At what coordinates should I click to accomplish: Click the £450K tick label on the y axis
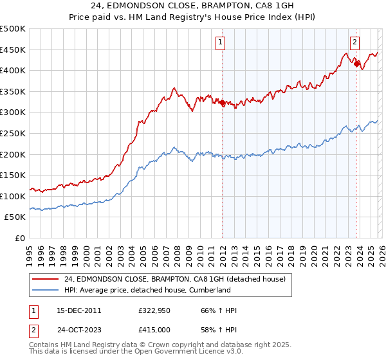(13, 50)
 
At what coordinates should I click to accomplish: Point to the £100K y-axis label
(13, 196)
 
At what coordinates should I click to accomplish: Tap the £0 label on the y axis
(19, 238)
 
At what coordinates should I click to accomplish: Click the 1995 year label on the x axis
(30, 251)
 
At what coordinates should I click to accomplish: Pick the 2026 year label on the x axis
(381, 251)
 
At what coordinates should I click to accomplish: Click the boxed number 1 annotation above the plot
(221, 42)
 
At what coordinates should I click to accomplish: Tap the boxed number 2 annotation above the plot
(354, 42)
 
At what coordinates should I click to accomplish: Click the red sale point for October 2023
(356, 64)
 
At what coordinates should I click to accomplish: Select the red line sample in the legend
(46, 278)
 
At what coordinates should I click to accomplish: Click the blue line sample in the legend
(46, 290)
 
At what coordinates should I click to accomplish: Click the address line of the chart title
(192, 7)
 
